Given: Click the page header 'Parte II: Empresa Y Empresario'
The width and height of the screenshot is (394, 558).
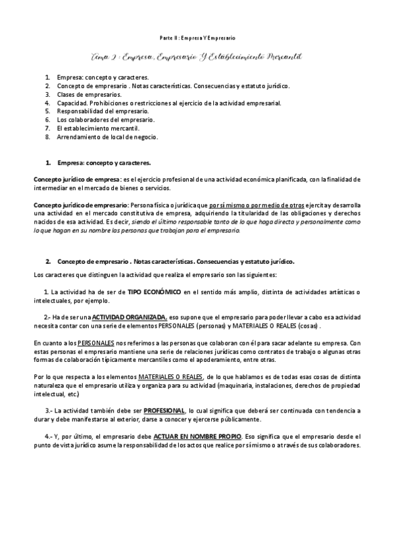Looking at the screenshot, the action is click(x=198, y=38).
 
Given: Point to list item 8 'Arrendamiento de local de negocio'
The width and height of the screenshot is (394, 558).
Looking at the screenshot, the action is click(x=107, y=138).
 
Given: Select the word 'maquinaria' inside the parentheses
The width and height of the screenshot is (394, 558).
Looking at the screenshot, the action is click(x=245, y=385).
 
